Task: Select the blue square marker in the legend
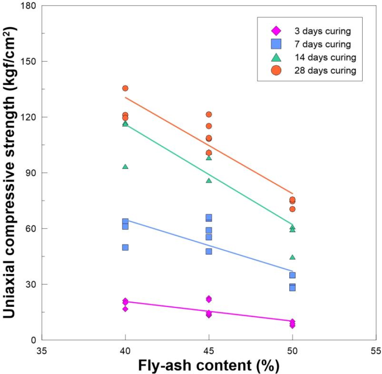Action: click(x=276, y=44)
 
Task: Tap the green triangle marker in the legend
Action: click(x=276, y=57)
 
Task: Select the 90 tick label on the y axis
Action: click(x=31, y=173)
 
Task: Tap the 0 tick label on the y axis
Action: click(x=33, y=340)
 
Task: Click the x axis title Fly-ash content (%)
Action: click(x=209, y=365)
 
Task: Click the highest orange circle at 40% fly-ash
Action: click(x=125, y=88)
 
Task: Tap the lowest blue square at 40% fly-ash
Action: click(x=125, y=247)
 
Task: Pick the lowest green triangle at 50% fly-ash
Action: click(x=292, y=257)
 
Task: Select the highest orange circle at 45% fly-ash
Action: click(x=209, y=114)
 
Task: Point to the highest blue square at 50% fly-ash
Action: click(x=292, y=275)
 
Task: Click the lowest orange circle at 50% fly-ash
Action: click(x=292, y=209)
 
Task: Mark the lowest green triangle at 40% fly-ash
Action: click(x=125, y=167)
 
